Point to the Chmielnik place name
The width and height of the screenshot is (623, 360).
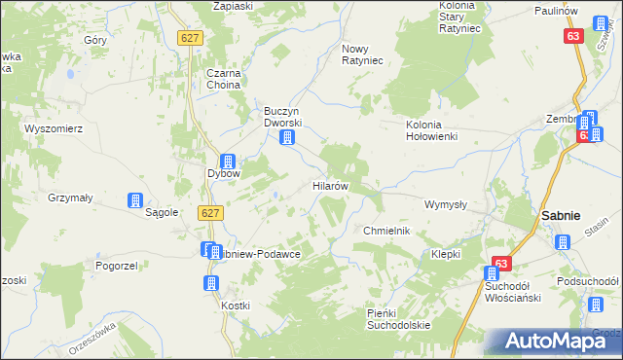386,231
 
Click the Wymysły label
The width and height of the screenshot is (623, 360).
447,205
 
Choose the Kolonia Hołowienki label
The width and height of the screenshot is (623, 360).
431,130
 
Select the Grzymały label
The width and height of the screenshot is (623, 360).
70,198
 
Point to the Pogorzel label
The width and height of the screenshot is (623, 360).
113,265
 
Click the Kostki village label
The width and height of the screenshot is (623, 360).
236,306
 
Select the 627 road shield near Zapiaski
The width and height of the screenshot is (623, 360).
190,36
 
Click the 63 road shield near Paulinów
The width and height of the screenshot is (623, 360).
574,36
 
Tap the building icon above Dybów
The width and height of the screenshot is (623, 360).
227,162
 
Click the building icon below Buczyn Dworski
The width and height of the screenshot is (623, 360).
286,139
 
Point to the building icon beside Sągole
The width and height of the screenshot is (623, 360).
134,201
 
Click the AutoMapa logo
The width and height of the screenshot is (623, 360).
553,341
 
